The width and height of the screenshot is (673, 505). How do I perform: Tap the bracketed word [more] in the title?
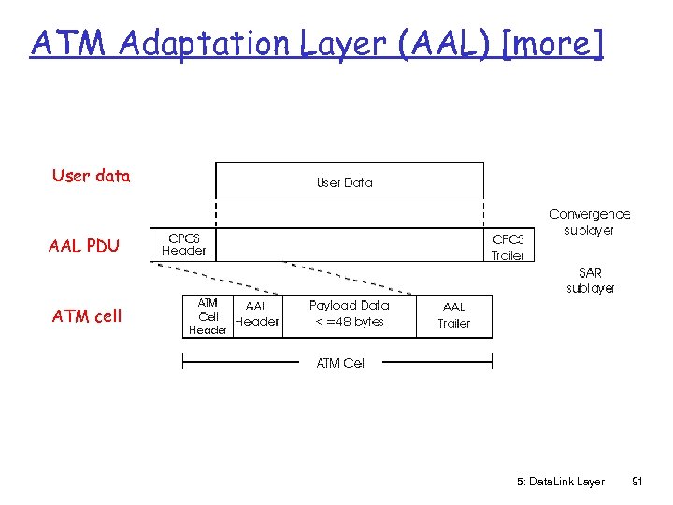point(552,43)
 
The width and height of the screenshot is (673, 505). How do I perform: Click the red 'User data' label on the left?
point(92,176)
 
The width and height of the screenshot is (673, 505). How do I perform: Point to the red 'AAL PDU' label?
point(84,246)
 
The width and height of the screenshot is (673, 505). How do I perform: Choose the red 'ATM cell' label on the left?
point(87,316)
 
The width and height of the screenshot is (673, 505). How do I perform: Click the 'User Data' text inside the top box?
point(344,182)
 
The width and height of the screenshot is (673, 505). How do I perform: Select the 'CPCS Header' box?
point(184,245)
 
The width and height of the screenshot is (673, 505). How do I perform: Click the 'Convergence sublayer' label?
point(589,222)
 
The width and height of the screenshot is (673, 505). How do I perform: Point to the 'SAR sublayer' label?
point(590,281)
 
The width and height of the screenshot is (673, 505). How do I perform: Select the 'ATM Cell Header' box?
point(208,316)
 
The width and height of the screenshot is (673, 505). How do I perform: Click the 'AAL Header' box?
point(256,314)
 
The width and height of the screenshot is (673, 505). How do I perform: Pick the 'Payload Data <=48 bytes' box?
point(348,313)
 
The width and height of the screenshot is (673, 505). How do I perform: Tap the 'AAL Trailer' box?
point(453,315)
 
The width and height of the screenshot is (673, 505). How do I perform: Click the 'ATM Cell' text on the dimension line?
point(341,363)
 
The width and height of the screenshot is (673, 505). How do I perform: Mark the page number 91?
point(637,482)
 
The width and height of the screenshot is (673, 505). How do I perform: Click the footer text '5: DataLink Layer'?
point(560,482)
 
